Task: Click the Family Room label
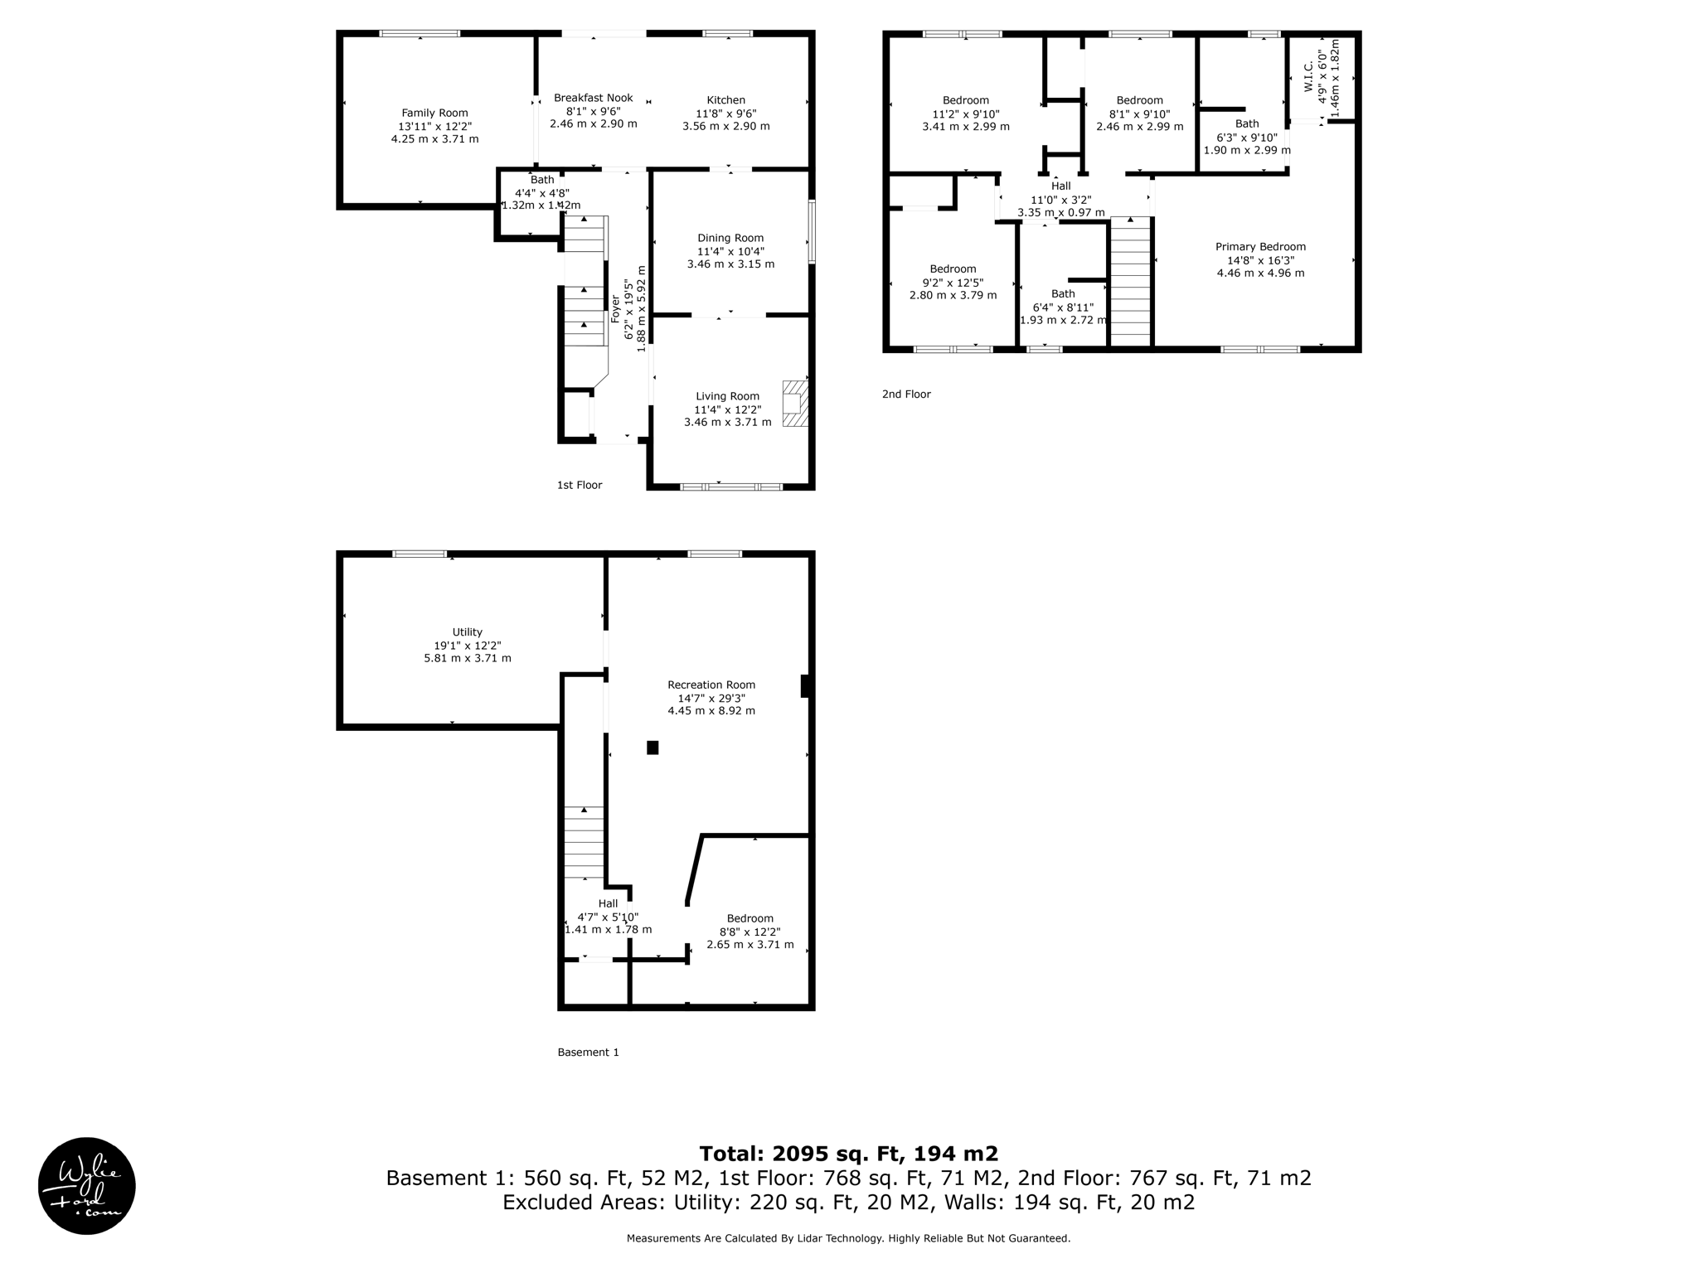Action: pos(434,113)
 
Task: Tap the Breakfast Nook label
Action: pos(593,98)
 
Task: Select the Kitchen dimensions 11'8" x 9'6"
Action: pos(725,114)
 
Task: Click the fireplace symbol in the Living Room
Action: pos(795,404)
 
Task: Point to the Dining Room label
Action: pos(730,238)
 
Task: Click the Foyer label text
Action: pos(615,309)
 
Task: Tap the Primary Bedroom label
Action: pos(1259,246)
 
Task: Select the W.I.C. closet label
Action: pos(1309,76)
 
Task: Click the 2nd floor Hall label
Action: pos(1060,186)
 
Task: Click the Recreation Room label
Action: pos(711,685)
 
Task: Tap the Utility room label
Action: pos(467,632)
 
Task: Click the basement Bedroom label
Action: pos(750,918)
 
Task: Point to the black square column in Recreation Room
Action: pos(653,748)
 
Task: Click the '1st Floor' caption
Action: pos(579,485)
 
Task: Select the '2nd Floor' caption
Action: pos(905,394)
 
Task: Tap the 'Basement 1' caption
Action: pos(588,1053)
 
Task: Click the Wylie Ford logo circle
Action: pos(87,1186)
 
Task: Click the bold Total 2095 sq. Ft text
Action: pos(848,1154)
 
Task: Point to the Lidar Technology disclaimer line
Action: pos(848,1238)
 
